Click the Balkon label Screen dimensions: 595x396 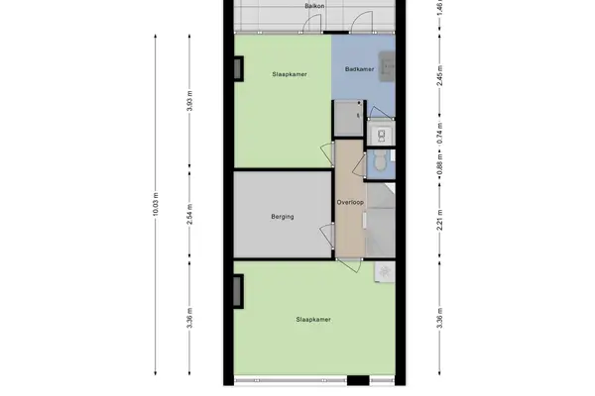(314, 6)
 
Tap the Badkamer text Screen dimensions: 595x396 (359, 69)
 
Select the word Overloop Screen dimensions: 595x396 (350, 202)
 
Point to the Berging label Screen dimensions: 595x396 (283, 217)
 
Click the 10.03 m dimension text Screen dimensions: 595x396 (156, 205)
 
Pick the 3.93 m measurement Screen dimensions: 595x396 (189, 101)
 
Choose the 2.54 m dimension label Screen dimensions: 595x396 (189, 215)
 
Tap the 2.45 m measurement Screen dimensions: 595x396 (439, 76)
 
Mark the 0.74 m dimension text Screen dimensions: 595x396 (439, 134)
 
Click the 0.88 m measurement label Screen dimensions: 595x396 (439, 165)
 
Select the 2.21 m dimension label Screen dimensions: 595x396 (439, 220)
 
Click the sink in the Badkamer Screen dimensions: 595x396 (387, 67)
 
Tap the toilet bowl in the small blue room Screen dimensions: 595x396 (380, 161)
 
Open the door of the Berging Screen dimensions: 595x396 (325, 236)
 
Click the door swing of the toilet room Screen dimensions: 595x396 (359, 165)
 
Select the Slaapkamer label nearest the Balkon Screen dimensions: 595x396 (290, 74)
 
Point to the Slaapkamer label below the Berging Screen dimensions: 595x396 (313, 320)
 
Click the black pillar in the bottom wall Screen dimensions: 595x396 (358, 380)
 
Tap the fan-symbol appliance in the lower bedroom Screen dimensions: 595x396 (385, 272)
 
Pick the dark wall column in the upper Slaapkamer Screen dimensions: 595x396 (238, 68)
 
